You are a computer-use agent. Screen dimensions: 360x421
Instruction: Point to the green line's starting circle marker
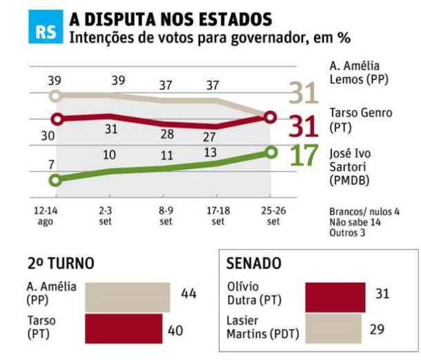55,180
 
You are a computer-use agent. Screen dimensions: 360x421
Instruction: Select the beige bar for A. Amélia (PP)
127,296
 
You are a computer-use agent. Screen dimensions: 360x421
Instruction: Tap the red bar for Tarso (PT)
124,328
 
